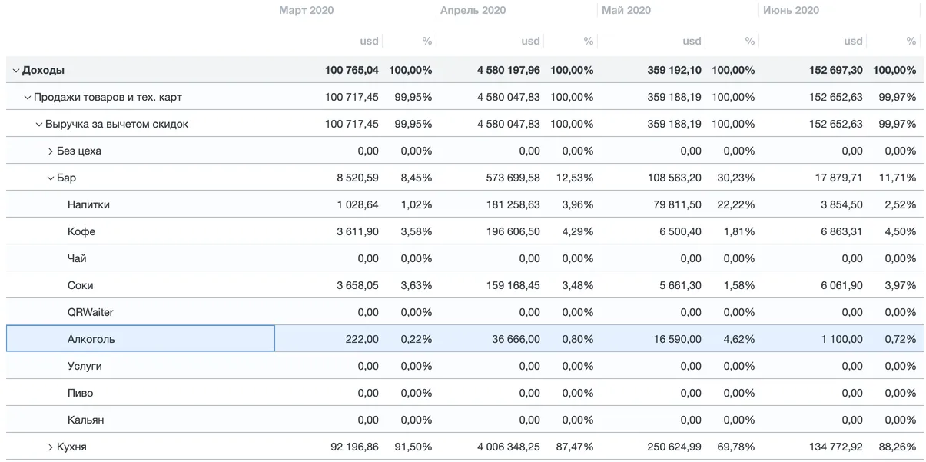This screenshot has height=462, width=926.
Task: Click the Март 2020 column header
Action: coord(306,11)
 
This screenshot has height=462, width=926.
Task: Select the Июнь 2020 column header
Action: coord(791,11)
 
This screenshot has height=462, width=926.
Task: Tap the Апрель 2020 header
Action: coord(473,11)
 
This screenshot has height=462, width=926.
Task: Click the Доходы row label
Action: coord(43,70)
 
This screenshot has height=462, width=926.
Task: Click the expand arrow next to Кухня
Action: coord(51,447)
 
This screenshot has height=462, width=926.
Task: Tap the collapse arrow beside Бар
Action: coord(51,178)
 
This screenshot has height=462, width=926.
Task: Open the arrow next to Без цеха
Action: coord(51,151)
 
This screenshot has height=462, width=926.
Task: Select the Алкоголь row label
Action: coord(91,339)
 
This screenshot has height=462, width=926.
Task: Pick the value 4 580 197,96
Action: coord(508,70)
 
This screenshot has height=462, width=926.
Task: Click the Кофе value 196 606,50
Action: coord(508,231)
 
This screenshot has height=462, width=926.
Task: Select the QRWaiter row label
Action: coord(90,312)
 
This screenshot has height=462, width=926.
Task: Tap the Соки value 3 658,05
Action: coord(357,285)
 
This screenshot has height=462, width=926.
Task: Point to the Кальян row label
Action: coord(85,420)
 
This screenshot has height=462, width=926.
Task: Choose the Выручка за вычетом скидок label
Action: coord(116,124)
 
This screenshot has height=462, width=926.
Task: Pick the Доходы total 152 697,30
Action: coord(835,70)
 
